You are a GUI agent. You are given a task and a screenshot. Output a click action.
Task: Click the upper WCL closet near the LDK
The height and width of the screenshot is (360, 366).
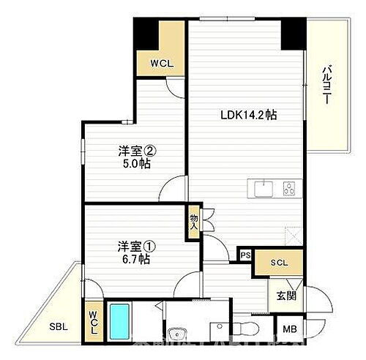(x=161, y=62)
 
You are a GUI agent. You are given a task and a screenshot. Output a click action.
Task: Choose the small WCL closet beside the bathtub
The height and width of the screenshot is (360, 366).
(x=94, y=320)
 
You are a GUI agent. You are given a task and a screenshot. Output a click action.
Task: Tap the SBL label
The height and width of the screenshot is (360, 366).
(x=59, y=326)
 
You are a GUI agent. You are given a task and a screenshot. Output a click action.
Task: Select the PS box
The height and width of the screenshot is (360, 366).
(x=244, y=255)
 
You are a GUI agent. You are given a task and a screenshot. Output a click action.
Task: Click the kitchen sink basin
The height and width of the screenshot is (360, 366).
(x=262, y=189)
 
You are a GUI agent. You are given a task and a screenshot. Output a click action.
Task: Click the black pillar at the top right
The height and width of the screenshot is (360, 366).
(x=294, y=30)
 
